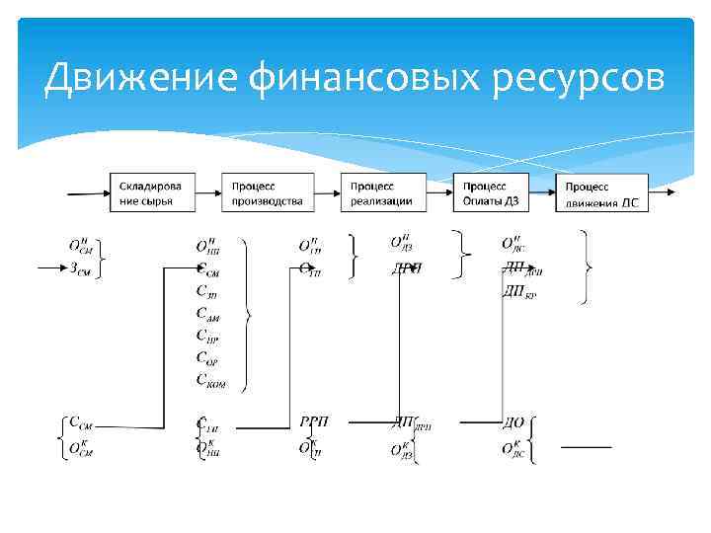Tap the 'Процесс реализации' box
click(x=385, y=192)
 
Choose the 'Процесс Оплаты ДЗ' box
click(x=492, y=192)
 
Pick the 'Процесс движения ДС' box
click(x=603, y=192)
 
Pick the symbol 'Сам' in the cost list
click(x=210, y=315)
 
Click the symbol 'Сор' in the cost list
click(x=209, y=358)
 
